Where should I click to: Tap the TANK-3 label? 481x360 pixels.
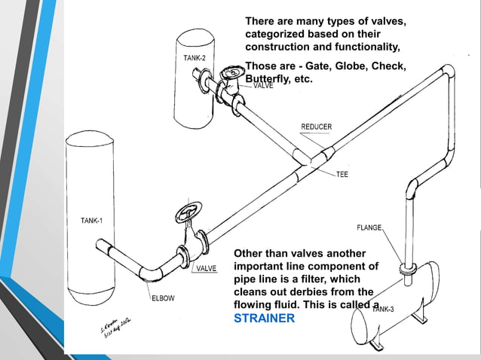pos(382,309)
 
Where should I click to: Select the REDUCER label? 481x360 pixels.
pos(316,127)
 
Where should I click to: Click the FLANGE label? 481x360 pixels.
pos(369,227)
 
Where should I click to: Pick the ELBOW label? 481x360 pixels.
pos(164,297)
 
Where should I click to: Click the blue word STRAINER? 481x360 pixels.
pos(264,319)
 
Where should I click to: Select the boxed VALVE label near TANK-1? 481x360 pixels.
pos(207,269)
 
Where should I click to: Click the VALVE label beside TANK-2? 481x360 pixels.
pos(263,86)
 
